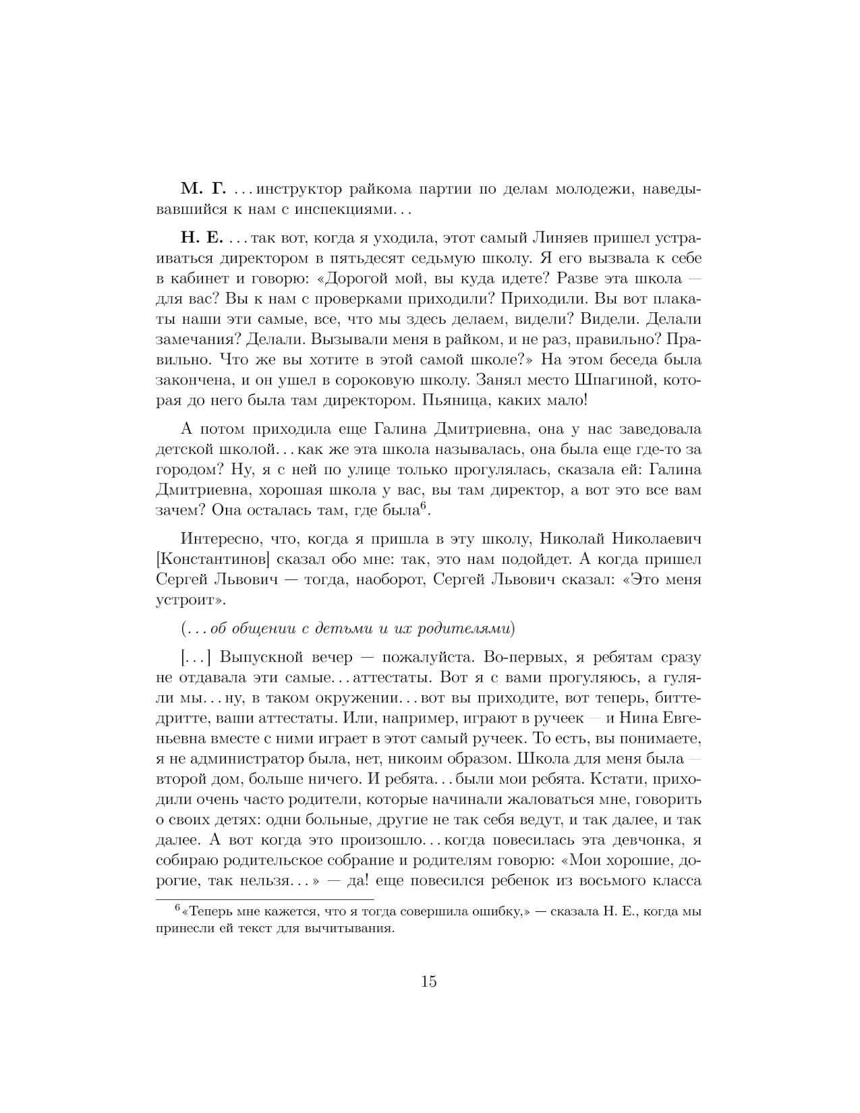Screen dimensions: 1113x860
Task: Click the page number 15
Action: coord(429,981)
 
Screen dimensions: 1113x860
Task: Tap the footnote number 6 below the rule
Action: coord(178,908)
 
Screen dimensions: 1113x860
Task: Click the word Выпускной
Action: coord(262,657)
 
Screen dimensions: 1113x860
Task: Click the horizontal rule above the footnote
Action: coord(264,899)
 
